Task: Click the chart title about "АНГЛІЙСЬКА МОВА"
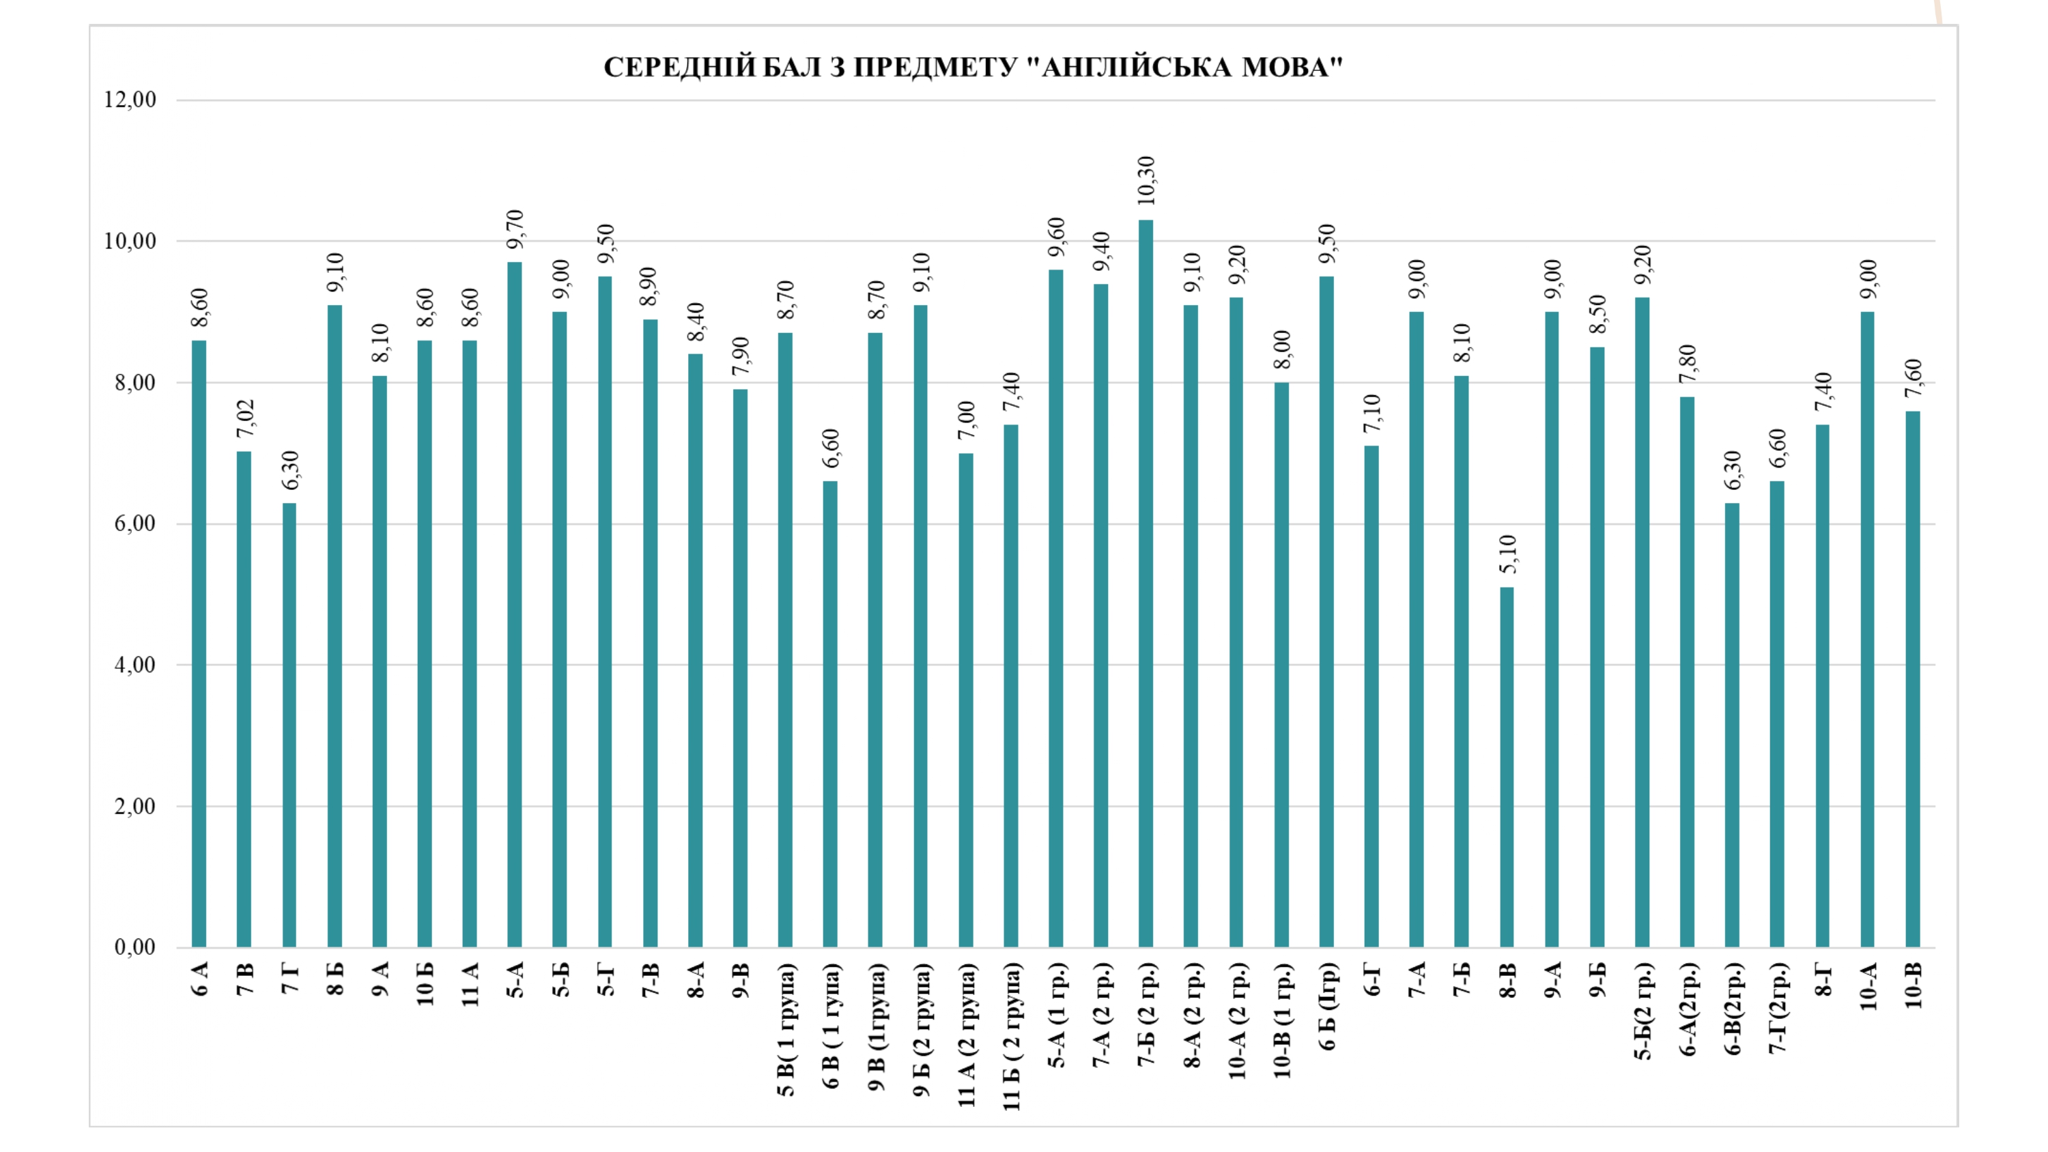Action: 973,68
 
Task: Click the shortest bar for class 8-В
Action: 1507,766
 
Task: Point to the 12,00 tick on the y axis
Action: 130,100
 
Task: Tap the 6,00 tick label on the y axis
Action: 135,524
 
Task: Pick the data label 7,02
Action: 246,418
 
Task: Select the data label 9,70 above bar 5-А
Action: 516,229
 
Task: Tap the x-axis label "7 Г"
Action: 290,979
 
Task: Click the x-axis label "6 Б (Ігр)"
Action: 1328,1007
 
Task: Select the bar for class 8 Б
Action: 335,626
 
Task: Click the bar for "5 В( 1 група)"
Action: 786,640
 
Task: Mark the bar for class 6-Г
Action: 1371,696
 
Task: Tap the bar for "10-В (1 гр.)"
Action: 1281,665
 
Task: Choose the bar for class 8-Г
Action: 1822,685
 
